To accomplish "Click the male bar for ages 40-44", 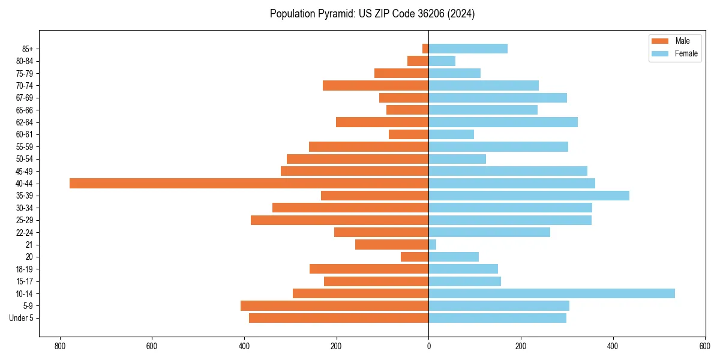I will click(249, 183).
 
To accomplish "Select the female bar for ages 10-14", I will click(551, 293).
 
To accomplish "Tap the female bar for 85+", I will click(468, 49).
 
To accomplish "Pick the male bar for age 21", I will click(392, 244).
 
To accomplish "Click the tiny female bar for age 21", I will click(432, 244).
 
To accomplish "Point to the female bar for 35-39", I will click(529, 196).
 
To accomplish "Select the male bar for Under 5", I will click(338, 318).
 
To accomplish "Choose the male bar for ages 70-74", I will click(376, 85).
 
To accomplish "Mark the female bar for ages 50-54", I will click(457, 159).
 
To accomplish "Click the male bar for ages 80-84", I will click(418, 61).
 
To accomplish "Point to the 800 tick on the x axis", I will click(59, 346).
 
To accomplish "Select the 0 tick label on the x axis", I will click(428, 346).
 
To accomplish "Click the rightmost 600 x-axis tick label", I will click(705, 346).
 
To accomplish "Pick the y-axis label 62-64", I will click(24, 122).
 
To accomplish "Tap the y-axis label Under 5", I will click(21, 318).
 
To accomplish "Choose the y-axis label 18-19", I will click(24, 269).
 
